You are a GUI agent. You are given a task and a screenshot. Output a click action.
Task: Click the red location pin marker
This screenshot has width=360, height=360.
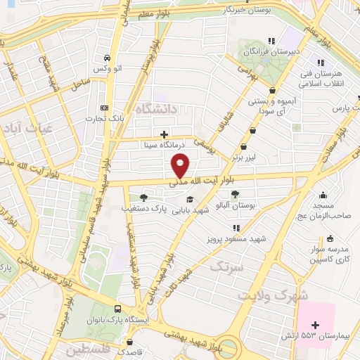[181, 166]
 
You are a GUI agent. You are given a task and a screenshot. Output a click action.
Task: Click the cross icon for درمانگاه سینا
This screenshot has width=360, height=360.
[164, 134]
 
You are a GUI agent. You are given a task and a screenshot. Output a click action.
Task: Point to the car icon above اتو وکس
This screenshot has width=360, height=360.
[105, 58]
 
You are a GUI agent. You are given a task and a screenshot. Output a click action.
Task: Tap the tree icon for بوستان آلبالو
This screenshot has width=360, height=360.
[235, 194]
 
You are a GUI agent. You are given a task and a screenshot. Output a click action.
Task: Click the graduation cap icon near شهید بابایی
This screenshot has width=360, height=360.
[189, 198]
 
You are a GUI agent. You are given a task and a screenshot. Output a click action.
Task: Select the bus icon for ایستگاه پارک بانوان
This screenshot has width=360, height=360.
[118, 309]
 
